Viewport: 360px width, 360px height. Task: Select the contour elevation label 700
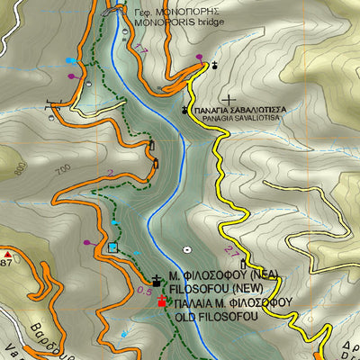(62, 170)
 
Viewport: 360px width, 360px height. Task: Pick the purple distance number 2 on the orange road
(109, 174)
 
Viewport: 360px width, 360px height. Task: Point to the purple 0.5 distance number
(144, 291)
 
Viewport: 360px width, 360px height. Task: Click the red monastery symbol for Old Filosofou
(162, 302)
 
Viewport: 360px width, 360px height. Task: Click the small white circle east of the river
(186, 248)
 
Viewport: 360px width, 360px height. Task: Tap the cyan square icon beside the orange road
(112, 247)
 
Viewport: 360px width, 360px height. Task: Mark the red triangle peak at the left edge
(5, 255)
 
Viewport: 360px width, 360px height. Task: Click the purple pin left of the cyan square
(87, 241)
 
